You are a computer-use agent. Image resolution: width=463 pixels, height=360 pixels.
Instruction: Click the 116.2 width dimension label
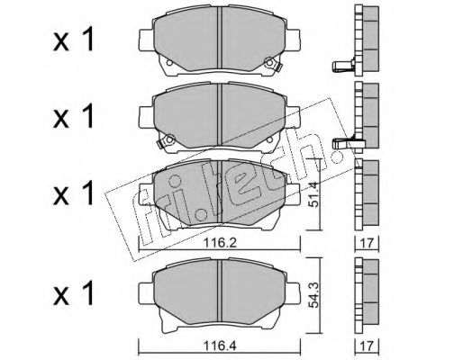click(220, 243)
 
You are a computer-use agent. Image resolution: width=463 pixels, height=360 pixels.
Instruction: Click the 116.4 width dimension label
click(220, 346)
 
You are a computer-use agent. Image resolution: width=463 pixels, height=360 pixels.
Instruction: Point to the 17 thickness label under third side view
click(367, 243)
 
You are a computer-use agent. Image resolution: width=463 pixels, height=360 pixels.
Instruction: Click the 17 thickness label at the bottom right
click(367, 346)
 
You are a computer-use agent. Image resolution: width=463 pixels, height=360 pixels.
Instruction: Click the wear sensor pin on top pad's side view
click(343, 66)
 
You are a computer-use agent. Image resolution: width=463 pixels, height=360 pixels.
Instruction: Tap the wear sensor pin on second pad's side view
click(344, 143)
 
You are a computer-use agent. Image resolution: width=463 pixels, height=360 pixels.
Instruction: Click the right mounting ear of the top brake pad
click(293, 40)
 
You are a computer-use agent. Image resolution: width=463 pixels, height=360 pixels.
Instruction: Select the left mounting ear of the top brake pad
click(146, 40)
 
